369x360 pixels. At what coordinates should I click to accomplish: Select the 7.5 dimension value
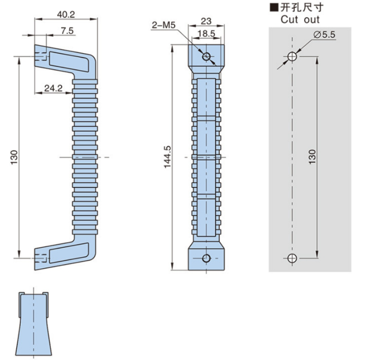[67, 31]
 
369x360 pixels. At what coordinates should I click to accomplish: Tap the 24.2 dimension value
[54, 88]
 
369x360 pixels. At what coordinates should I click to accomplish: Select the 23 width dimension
[206, 22]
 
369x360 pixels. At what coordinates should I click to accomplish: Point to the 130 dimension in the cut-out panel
[313, 156]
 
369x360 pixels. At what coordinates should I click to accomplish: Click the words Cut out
[301, 19]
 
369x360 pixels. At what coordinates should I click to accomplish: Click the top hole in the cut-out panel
[292, 56]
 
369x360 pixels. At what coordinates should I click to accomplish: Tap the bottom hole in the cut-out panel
[292, 258]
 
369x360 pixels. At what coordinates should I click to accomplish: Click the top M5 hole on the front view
[206, 56]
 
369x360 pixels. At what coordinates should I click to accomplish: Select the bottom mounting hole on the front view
[206, 258]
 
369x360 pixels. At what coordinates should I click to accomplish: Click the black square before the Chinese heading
[274, 8]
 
